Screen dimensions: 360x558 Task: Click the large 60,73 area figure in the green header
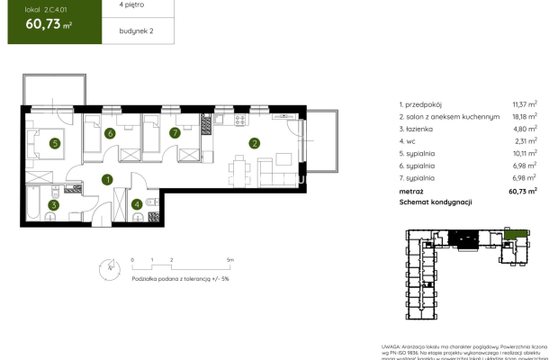click(x=41, y=26)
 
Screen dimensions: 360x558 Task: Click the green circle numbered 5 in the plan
click(x=54, y=142)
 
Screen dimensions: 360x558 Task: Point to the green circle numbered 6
click(x=110, y=134)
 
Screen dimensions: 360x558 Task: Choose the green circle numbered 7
click(x=175, y=134)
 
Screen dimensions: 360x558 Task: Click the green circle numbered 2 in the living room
click(x=255, y=142)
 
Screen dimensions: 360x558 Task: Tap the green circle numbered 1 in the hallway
click(x=107, y=180)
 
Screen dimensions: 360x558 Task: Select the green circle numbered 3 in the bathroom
click(x=54, y=205)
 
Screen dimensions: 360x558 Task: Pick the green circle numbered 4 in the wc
click(x=136, y=204)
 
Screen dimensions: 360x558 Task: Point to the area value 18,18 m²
click(x=524, y=116)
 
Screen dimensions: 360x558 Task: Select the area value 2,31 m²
click(x=526, y=141)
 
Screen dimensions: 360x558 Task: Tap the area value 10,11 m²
click(x=524, y=154)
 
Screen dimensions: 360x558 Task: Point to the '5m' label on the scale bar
click(x=230, y=259)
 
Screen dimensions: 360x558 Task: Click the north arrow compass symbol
click(x=111, y=266)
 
